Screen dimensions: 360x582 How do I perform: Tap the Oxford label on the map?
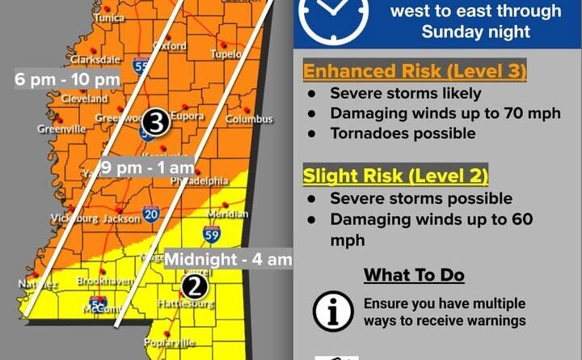(x=170, y=46)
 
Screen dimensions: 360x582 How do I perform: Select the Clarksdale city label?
(x=95, y=59)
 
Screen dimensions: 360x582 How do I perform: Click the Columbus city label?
(x=249, y=120)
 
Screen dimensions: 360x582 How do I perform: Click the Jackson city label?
(x=122, y=218)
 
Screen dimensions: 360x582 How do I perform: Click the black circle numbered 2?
(x=194, y=286)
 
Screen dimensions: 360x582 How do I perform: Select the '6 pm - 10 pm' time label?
(x=67, y=80)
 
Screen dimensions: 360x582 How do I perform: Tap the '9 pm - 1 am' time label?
(x=148, y=168)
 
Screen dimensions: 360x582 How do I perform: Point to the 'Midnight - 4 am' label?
(x=228, y=260)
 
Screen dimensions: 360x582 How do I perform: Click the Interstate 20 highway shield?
(x=151, y=214)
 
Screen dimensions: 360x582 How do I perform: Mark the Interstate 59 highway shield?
(x=211, y=235)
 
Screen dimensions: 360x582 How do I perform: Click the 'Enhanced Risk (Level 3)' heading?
(x=415, y=71)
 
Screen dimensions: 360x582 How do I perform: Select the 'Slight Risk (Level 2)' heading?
(x=395, y=175)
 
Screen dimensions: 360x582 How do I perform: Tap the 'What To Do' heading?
(x=414, y=275)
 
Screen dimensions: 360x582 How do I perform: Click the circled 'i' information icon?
(x=333, y=311)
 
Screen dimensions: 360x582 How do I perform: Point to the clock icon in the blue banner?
(x=333, y=14)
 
